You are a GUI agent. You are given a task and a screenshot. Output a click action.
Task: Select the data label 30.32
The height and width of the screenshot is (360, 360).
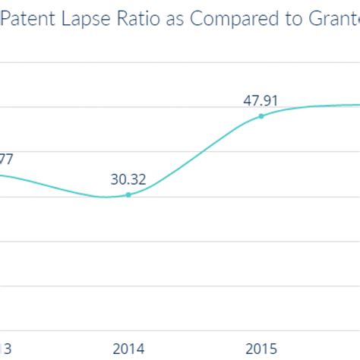128,179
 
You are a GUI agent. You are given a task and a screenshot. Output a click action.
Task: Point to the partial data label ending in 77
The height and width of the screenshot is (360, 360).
6,159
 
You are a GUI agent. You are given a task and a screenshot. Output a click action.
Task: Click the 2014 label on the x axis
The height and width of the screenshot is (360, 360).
128,349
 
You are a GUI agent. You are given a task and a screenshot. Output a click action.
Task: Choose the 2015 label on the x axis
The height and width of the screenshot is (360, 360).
261,349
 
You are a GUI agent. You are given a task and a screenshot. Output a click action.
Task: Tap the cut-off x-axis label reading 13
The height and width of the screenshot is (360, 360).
6,349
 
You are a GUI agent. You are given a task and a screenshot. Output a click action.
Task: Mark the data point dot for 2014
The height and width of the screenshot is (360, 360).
128,195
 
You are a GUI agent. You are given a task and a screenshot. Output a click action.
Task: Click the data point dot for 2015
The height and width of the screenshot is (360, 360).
261,116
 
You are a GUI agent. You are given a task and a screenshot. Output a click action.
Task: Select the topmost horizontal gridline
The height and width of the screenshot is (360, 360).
180,62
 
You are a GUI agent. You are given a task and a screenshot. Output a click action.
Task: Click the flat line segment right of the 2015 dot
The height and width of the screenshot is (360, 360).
319,106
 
